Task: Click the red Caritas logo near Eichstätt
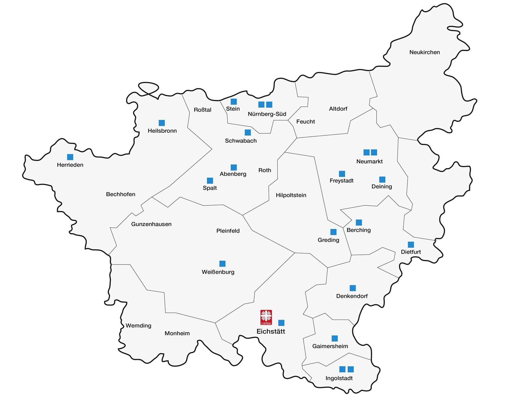(266, 317)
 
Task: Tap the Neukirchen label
(425, 52)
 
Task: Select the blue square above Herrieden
(70, 157)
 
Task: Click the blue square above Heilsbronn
(162, 123)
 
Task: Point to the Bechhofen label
(121, 194)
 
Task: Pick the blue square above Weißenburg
(222, 264)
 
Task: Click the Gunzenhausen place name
(151, 224)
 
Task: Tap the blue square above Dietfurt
(411, 244)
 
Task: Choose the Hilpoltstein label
(291, 195)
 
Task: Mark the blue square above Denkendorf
(353, 288)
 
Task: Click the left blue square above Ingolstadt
(342, 369)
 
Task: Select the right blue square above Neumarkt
(374, 152)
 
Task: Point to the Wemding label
(138, 326)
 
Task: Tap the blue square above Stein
(234, 102)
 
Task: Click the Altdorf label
(338, 109)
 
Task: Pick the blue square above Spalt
(210, 181)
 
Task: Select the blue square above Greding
(333, 232)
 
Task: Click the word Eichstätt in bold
(271, 331)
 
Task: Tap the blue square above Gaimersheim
(335, 338)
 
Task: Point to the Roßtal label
(202, 110)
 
